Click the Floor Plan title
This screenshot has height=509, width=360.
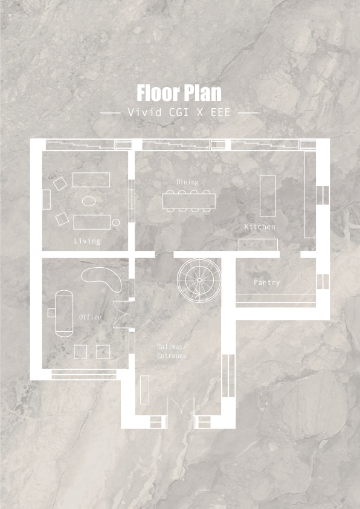click(179, 93)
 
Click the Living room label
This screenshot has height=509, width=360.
click(87, 241)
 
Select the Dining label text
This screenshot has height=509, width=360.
click(187, 181)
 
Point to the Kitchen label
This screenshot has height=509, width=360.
click(260, 227)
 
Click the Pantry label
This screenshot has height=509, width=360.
click(266, 282)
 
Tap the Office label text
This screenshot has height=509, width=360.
click(90, 317)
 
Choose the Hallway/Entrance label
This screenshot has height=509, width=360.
click(172, 351)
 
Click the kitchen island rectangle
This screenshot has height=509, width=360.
click(267, 196)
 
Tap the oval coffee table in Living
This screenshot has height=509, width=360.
click(89, 201)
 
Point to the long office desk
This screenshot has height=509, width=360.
click(63, 312)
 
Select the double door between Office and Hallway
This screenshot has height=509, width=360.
click(123, 313)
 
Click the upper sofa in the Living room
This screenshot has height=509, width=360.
click(91, 180)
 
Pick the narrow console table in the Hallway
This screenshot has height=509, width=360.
click(144, 389)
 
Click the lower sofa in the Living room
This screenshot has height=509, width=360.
click(92, 222)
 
